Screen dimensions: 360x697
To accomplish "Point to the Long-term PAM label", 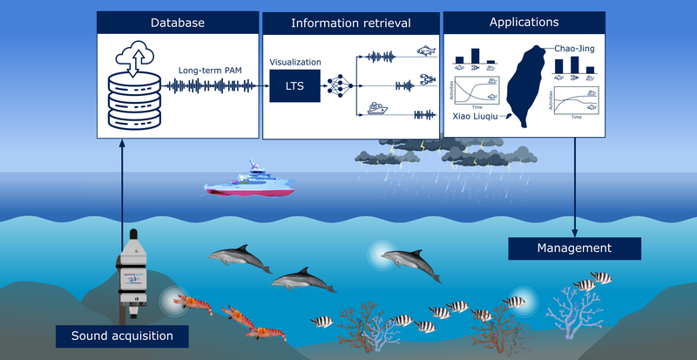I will pyautogui.click(x=209, y=69).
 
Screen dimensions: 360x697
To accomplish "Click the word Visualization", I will pyautogui.click(x=295, y=63).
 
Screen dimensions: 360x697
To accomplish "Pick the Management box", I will pyautogui.click(x=573, y=248).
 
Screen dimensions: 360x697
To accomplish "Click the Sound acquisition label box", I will pyautogui.click(x=122, y=335).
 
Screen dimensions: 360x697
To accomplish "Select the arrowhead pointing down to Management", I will pyautogui.click(x=574, y=233).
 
